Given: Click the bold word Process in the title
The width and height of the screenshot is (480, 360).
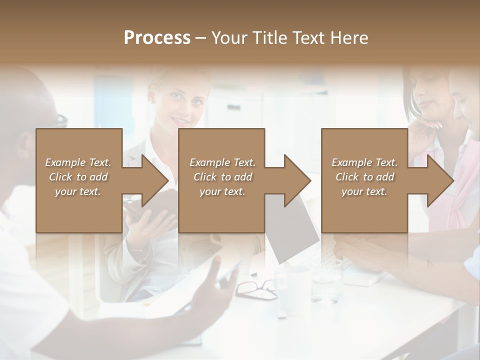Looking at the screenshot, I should [157, 38].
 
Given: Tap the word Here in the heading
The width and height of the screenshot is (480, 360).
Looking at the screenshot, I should [350, 38].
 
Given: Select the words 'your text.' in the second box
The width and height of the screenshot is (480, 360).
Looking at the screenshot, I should [222, 191].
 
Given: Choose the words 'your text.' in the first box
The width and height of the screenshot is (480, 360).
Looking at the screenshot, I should [77, 191].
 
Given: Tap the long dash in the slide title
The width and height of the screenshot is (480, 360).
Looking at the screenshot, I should [201, 38].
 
